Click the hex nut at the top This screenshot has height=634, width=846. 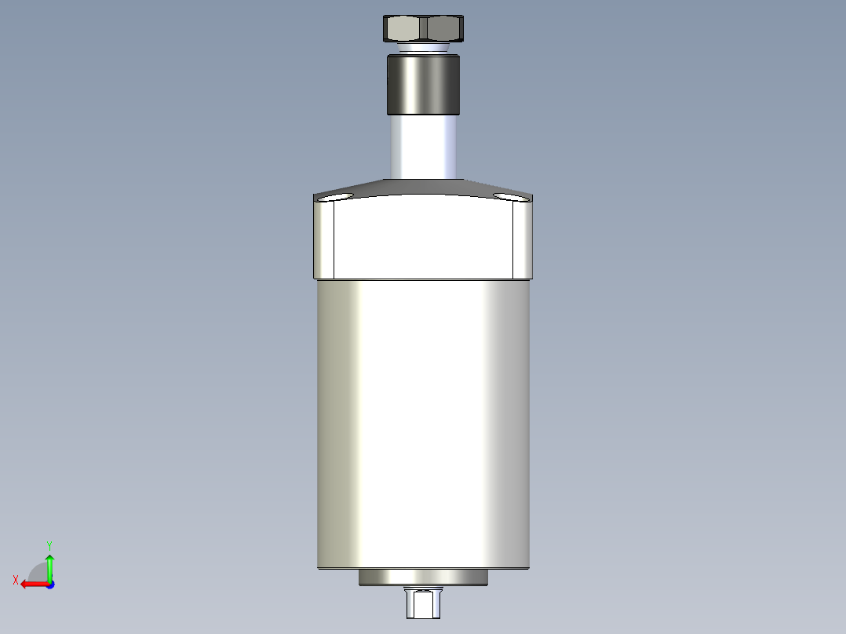pos(423,29)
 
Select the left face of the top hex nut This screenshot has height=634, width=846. pos(403,30)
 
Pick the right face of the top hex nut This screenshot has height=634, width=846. pos(443,30)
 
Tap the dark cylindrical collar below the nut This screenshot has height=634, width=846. pos(423,84)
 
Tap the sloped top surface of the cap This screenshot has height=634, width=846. pos(423,188)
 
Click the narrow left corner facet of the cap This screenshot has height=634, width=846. pos(324,239)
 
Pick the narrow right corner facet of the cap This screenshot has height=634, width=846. pos(523,239)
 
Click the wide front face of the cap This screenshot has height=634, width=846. pos(423,239)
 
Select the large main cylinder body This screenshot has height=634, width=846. pos(423,424)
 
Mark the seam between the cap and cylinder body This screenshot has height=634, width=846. pos(423,280)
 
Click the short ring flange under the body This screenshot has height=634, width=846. pos(423,578)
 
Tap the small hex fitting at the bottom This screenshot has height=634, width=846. pos(423,603)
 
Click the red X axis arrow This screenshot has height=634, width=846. pos(31,584)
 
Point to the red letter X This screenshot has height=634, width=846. pos(16,580)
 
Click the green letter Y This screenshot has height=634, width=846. pos(49,545)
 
